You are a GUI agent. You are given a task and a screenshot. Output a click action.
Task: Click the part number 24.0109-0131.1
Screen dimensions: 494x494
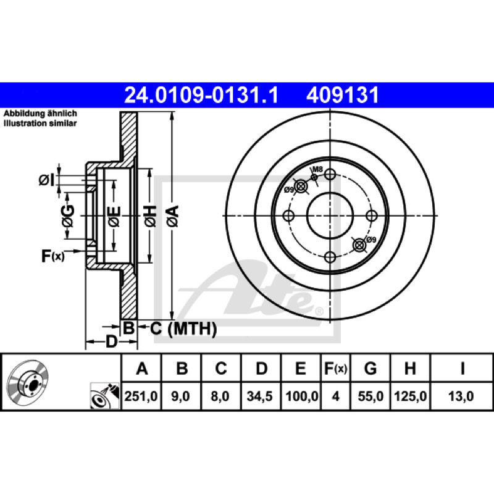click(201, 95)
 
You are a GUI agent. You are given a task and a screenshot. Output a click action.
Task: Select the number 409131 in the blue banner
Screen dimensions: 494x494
click(343, 95)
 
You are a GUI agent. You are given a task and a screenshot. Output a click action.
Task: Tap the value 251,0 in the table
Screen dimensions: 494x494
click(141, 396)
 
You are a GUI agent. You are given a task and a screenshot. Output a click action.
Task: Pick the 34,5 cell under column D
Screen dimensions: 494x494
click(259, 396)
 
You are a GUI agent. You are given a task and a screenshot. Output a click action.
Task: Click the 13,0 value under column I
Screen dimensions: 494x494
click(461, 396)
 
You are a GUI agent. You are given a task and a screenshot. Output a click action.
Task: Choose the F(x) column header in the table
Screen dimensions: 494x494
click(335, 368)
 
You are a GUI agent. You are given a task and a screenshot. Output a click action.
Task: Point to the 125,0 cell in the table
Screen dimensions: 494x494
click(410, 396)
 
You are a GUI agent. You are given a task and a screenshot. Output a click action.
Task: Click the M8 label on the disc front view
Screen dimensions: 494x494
click(318, 169)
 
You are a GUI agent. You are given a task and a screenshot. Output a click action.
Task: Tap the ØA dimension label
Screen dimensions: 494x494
click(173, 216)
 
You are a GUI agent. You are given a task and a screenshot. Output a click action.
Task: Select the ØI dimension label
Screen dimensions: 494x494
click(47, 180)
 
